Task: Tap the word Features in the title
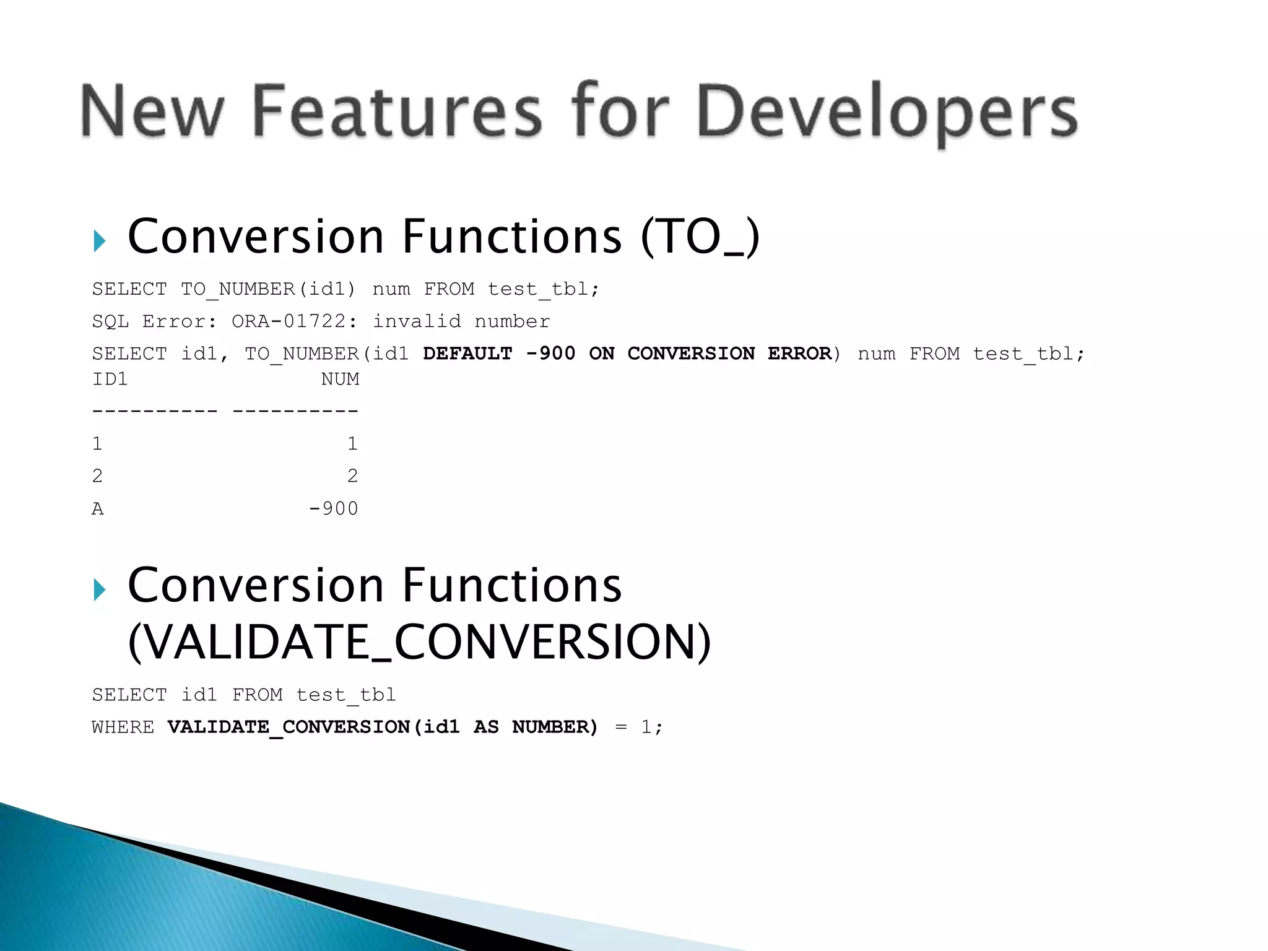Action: click(397, 111)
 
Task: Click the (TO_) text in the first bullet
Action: click(700, 237)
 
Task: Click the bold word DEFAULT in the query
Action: click(467, 354)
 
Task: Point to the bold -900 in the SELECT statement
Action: click(550, 354)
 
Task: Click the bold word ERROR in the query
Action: click(799, 354)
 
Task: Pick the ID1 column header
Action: click(110, 379)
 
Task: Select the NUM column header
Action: click(340, 379)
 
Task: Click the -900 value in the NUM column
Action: click(334, 509)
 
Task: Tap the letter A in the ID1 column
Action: click(98, 509)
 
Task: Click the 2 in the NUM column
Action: click(352, 476)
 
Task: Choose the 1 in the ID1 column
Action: click(97, 444)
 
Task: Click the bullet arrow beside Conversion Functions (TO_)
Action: click(99, 241)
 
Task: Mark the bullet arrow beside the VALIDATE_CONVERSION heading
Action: click(99, 589)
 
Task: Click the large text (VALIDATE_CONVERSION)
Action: click(419, 642)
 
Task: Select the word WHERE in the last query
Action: click(123, 727)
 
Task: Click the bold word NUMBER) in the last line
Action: click(555, 727)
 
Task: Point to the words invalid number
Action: click(461, 321)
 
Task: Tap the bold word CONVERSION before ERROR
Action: click(691, 354)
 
